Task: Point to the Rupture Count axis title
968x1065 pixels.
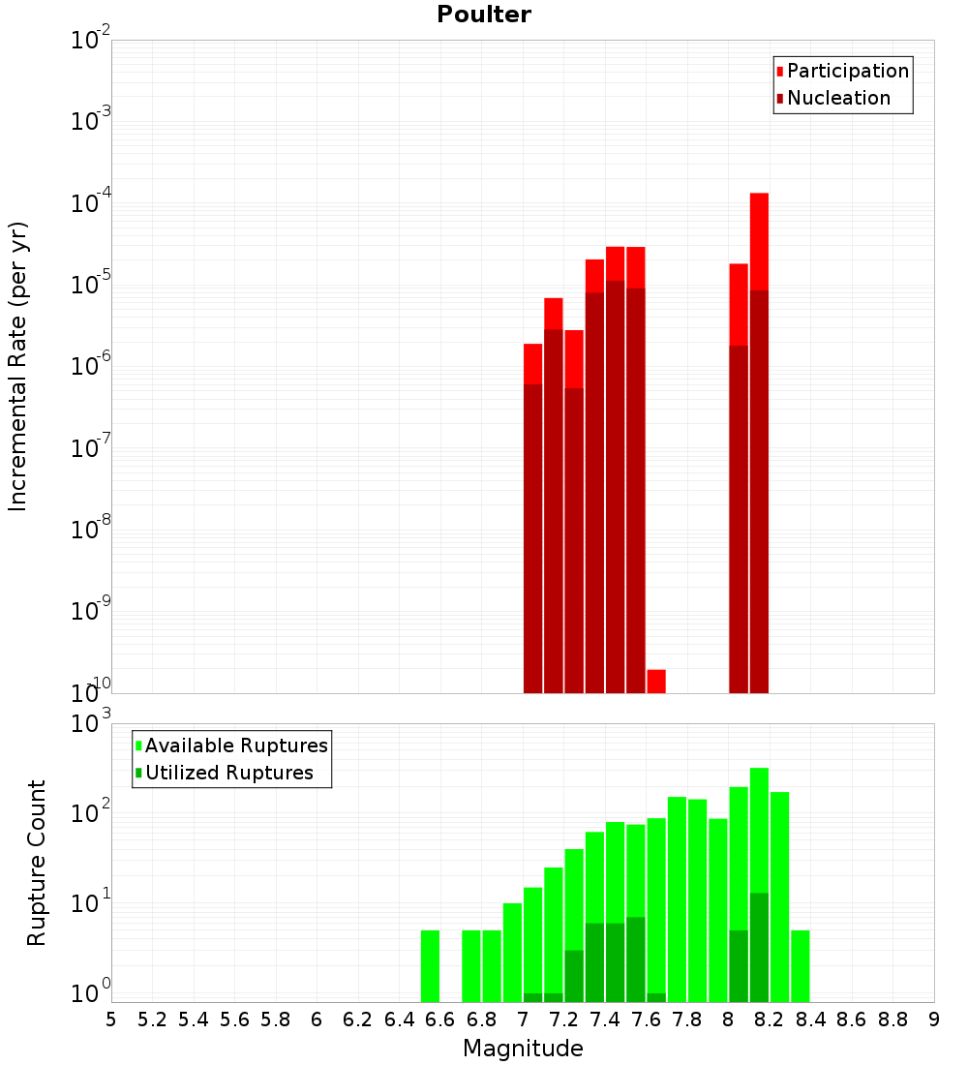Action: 37,863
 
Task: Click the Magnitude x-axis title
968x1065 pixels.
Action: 523,1049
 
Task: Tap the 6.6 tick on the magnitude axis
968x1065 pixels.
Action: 440,1019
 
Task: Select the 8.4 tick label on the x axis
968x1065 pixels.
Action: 810,1019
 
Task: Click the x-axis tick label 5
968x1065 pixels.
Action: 111,1019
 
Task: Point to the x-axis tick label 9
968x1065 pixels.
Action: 933,1019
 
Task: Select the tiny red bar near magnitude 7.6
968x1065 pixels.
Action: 656,681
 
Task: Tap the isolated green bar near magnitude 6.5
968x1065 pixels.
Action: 430,965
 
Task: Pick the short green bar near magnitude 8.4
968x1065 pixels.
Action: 800,965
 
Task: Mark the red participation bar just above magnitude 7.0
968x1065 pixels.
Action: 532,364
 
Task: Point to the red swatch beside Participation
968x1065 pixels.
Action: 780,71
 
